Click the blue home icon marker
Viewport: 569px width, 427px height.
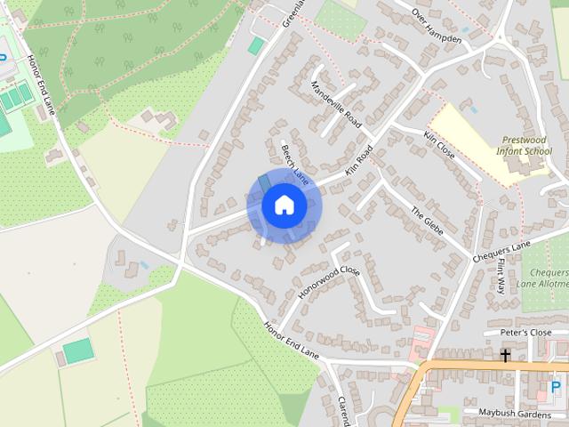[284, 205]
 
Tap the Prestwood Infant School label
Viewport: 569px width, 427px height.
[526, 146]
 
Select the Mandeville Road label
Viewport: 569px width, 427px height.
[337, 103]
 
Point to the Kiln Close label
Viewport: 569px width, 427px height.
[439, 144]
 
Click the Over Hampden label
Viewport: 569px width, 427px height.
[437, 26]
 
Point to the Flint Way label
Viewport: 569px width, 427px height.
[501, 277]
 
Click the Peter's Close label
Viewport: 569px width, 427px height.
[525, 333]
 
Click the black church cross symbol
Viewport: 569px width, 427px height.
[505, 356]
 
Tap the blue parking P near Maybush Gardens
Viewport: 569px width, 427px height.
[556, 388]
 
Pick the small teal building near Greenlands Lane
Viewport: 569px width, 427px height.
[256, 45]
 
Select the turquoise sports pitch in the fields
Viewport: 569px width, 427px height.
[78, 351]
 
